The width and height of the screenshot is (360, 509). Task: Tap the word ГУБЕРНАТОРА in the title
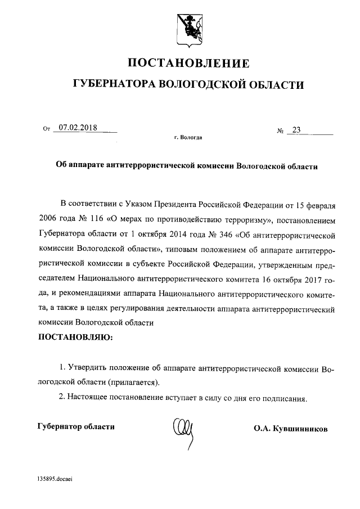pos(115,85)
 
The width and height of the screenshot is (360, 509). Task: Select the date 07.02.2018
pos(78,128)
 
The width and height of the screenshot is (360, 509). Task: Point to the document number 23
pos(296,130)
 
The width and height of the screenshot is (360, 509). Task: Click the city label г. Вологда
pos(188,137)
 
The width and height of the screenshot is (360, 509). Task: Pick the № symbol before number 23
pos(280,132)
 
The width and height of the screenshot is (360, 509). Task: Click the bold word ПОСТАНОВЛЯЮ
pos(75,337)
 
